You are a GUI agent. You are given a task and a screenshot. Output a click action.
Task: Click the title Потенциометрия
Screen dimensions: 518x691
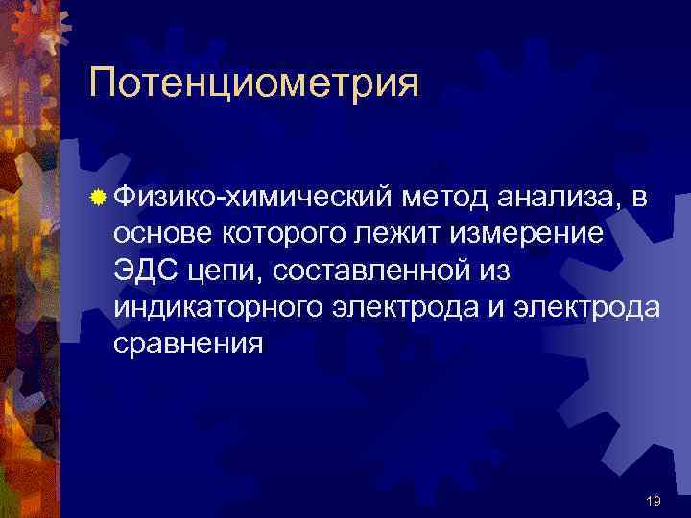tap(254, 83)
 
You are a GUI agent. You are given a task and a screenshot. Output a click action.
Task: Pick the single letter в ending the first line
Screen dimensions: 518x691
tap(640, 200)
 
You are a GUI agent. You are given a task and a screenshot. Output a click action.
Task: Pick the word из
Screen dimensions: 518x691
tap(494, 271)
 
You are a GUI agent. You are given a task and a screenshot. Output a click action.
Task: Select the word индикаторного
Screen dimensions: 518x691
tap(217, 307)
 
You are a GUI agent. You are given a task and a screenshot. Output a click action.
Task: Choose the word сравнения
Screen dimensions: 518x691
tap(187, 344)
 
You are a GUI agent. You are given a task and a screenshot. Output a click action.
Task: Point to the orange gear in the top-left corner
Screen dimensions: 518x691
tap(29, 29)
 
